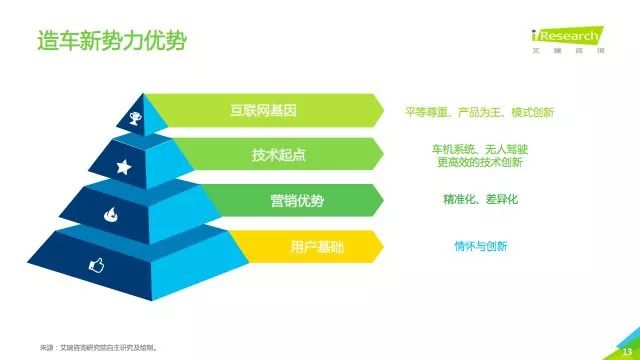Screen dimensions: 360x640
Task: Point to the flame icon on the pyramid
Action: pyautogui.click(x=110, y=213)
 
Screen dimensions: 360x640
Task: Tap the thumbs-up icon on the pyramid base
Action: pyautogui.click(x=97, y=264)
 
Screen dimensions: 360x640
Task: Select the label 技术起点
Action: pyautogui.click(x=278, y=155)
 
